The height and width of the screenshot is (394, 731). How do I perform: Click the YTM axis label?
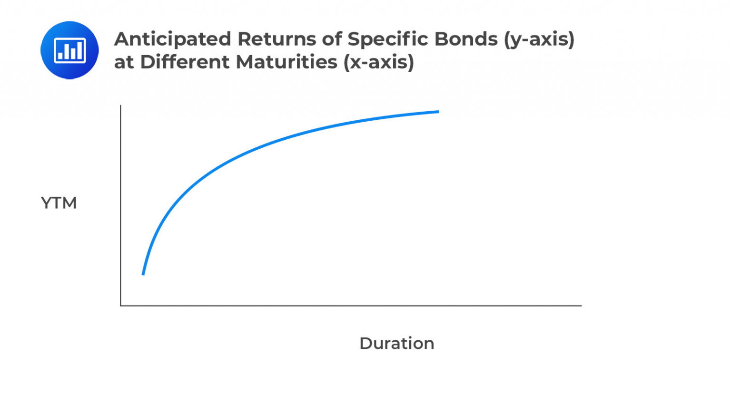point(59,203)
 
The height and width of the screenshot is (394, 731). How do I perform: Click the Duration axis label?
point(396,343)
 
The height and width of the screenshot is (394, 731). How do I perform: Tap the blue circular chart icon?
point(69,50)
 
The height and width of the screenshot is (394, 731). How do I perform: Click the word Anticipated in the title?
point(172,39)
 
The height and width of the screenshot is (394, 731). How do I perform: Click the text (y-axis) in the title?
point(539,39)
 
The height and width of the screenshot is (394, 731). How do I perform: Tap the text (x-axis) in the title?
point(379,62)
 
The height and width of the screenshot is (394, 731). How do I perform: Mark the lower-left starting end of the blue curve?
point(143,274)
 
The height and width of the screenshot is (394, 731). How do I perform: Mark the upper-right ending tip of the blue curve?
point(438,112)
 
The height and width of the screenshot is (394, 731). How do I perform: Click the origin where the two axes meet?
point(121,306)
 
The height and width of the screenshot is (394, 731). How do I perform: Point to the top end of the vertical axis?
point(121,106)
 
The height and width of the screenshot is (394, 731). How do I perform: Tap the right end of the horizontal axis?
point(581,306)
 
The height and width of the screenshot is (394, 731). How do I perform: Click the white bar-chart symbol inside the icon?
point(70,50)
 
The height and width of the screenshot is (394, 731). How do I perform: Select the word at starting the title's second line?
point(124,62)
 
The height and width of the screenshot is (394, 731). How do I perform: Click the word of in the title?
point(332,39)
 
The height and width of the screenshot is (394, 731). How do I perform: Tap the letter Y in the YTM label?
point(47,203)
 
